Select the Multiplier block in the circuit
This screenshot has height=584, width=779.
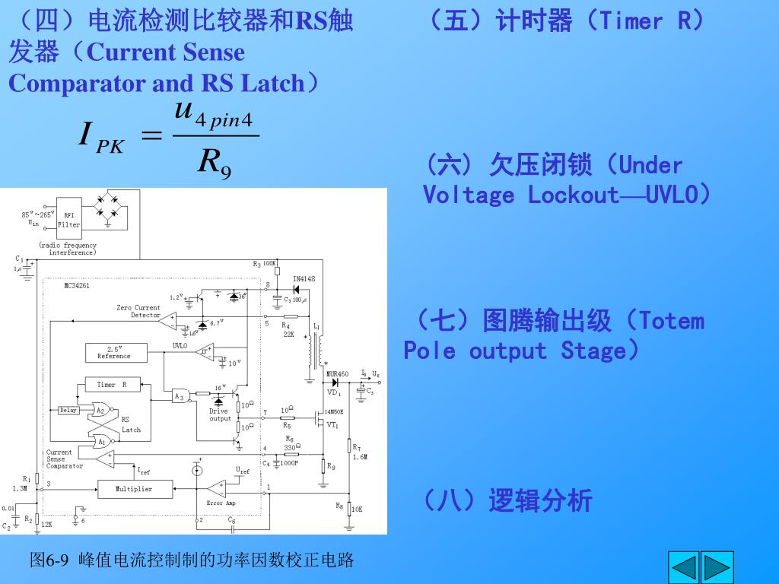[x=134, y=489]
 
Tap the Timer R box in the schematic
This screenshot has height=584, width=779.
[x=111, y=386]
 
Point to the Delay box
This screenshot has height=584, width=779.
[x=68, y=410]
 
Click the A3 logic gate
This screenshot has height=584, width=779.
[x=180, y=396]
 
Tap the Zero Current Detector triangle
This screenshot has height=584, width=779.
[x=167, y=321]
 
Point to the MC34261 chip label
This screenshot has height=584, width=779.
[x=77, y=286]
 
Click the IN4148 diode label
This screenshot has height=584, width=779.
[x=304, y=278]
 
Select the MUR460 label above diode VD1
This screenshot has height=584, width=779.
[x=337, y=374]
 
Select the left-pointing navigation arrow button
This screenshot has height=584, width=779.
[x=683, y=567]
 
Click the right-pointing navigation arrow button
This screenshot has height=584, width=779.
[x=718, y=567]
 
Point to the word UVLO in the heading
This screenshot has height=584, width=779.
[x=671, y=195]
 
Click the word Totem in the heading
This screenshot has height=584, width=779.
[x=672, y=321]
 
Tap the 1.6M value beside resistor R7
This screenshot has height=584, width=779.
[x=360, y=457]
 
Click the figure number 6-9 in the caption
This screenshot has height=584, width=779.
[x=58, y=561]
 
